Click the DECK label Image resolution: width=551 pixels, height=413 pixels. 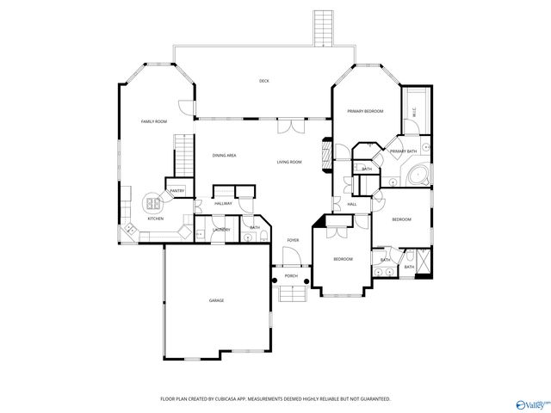point(264,81)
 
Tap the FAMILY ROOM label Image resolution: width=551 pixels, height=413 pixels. point(153,122)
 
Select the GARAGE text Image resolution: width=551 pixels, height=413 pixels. point(216,300)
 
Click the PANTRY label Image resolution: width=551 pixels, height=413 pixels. point(176,191)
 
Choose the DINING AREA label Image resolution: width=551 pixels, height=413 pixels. point(225,155)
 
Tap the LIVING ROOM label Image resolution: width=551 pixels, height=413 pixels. point(289,162)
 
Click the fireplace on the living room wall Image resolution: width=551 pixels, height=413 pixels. point(325,156)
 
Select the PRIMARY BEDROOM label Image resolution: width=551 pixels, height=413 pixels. point(365,112)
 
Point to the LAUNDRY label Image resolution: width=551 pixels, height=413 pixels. point(221,230)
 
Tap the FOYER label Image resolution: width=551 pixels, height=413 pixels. point(293,240)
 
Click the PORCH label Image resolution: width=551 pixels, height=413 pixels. point(291,276)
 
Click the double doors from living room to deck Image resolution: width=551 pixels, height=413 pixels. point(292,126)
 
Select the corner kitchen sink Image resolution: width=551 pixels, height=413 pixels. point(130,228)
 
